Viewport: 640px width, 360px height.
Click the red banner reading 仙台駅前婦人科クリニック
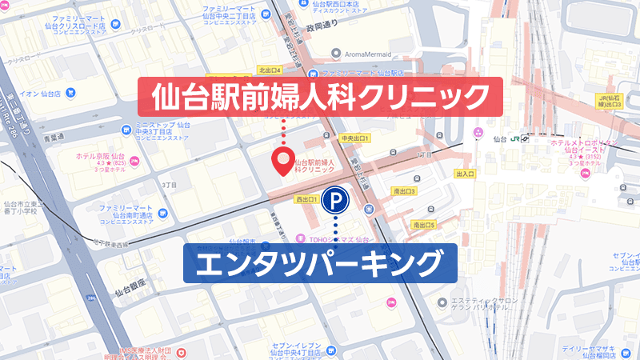coord(321,98)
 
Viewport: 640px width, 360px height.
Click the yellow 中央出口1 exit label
coord(354,138)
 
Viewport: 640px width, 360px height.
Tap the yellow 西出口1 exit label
coord(307,198)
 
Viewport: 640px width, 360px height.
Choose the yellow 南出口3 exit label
coord(405,191)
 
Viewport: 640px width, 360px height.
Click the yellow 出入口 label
coord(465,173)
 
